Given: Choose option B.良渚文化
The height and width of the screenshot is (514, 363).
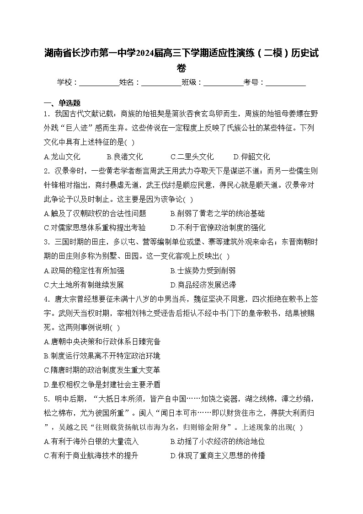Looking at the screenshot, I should [x=125, y=157].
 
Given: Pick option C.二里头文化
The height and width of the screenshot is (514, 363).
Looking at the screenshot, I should [x=192, y=157].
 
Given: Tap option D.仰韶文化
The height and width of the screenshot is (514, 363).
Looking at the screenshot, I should [x=251, y=157].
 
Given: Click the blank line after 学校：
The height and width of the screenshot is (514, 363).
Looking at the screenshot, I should [x=99, y=83].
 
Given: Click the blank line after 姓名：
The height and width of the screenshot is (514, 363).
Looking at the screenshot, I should [x=161, y=83].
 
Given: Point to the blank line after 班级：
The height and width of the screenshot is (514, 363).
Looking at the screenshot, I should [x=223, y=83].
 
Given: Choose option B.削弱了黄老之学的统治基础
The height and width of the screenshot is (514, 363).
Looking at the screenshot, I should [x=217, y=213].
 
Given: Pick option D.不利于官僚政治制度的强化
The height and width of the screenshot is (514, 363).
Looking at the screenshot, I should [x=218, y=227].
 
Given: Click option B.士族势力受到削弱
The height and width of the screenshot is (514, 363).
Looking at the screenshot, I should [x=203, y=271].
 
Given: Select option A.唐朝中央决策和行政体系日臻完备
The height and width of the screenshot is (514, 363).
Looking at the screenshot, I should [x=102, y=341].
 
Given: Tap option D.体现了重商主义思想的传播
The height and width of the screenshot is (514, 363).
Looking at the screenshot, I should [x=218, y=456].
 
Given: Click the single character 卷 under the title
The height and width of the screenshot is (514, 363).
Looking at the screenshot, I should [x=181, y=68].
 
